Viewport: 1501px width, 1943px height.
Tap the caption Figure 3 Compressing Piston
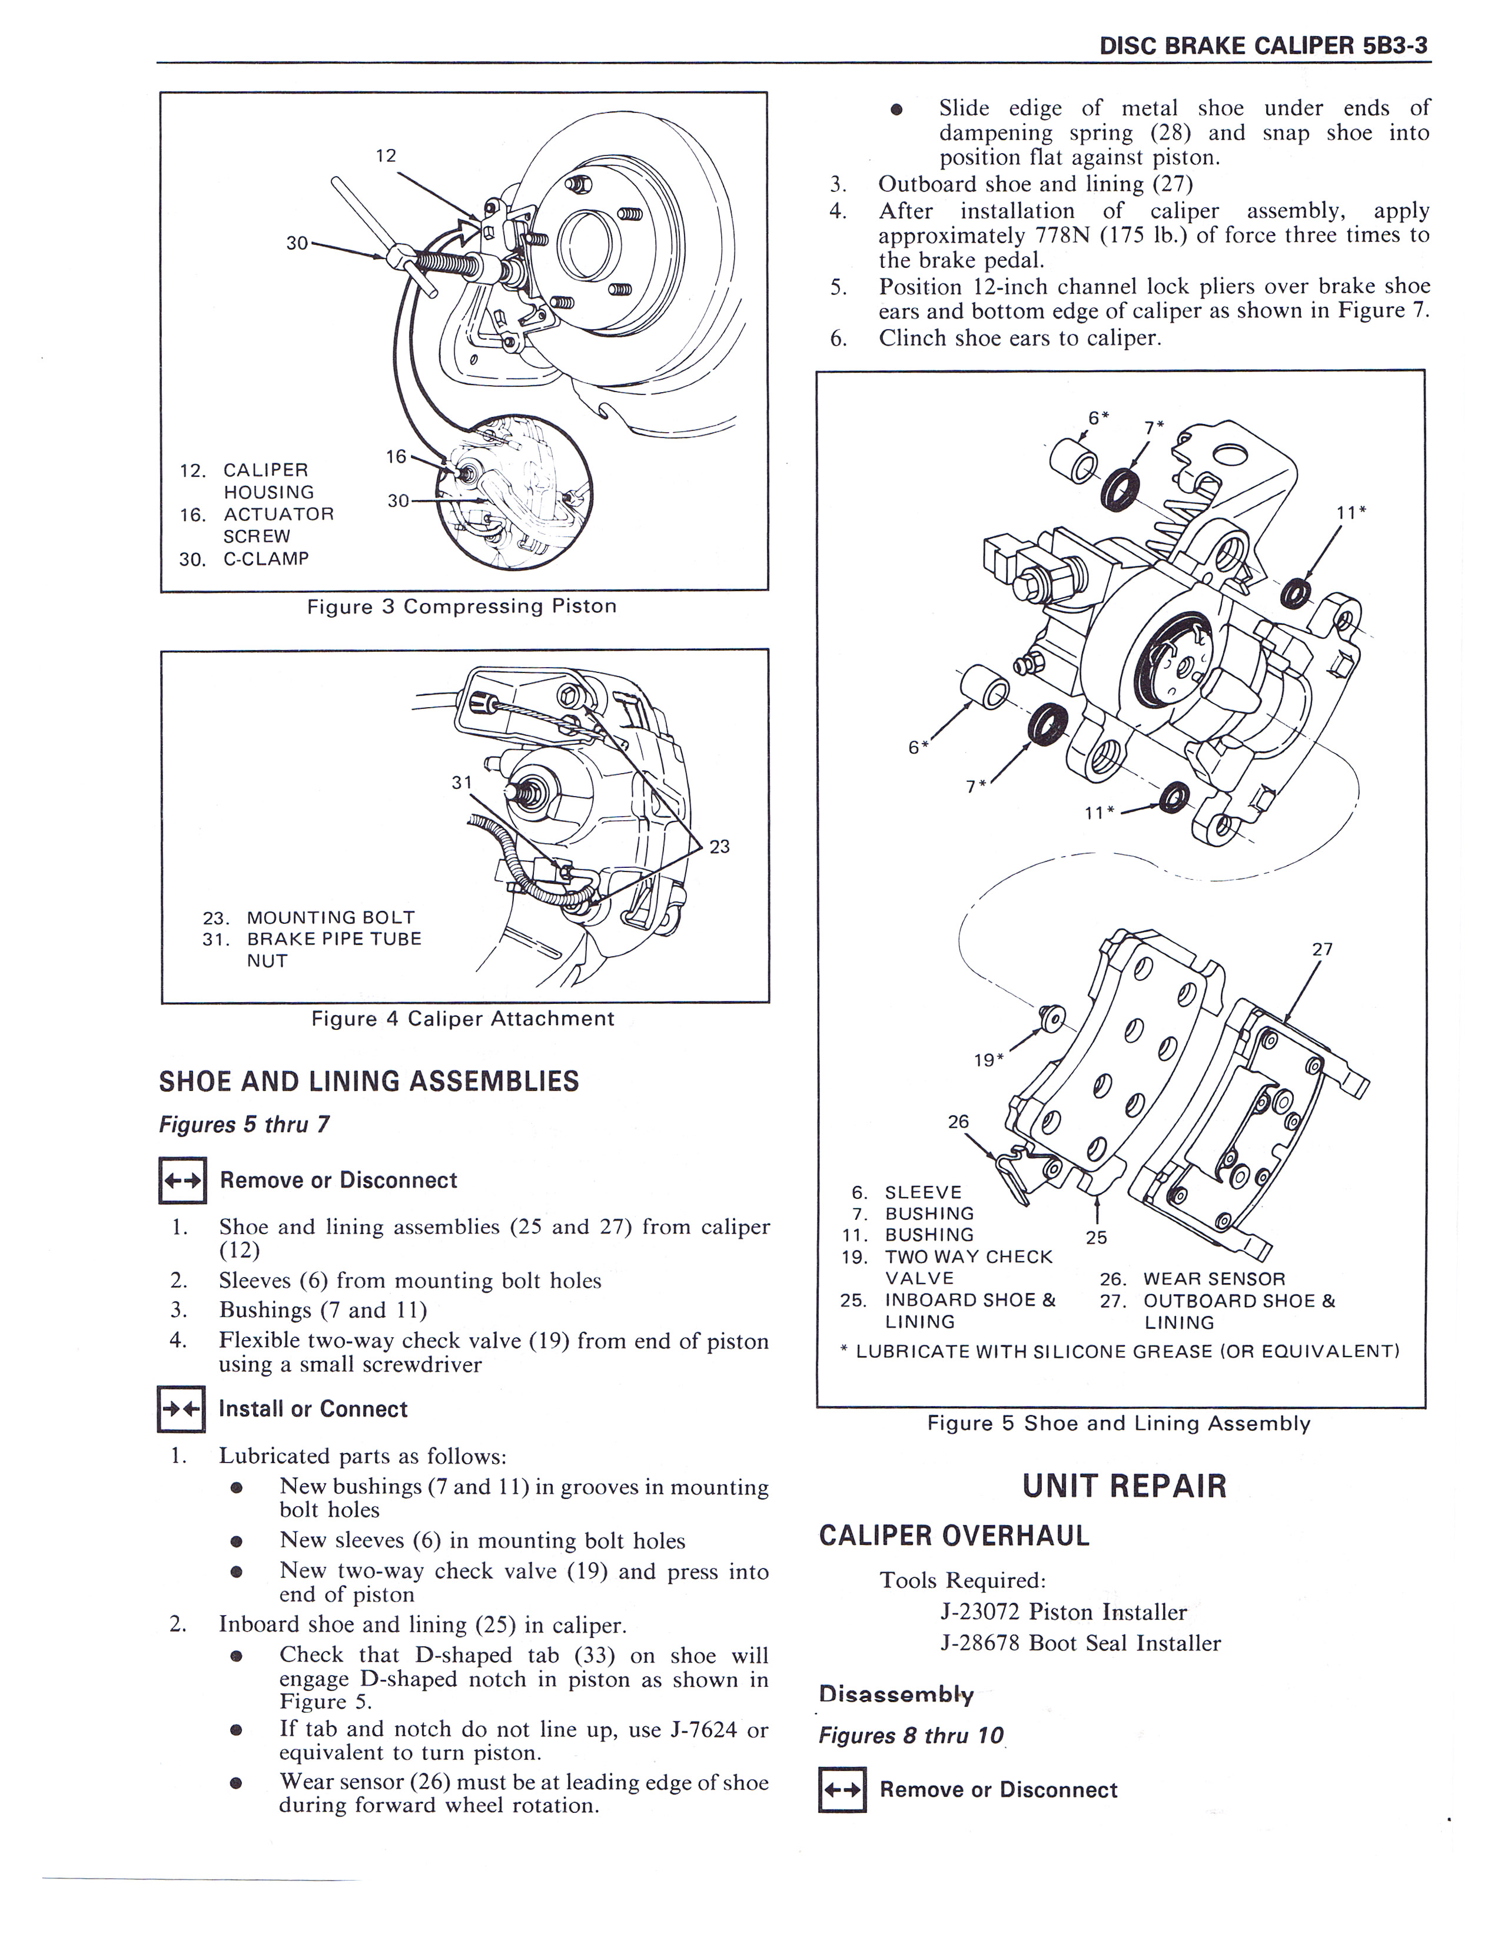pos(461,606)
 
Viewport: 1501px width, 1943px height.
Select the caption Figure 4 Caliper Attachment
pos(463,1019)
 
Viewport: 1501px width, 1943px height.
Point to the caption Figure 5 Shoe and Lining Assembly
pos(1118,1424)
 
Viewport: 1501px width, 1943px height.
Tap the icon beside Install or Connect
pos(181,1409)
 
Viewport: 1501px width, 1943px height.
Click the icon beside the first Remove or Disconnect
pos(181,1181)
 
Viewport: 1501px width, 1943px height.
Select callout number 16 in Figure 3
pos(396,456)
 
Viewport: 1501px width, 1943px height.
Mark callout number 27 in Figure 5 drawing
pos(1322,949)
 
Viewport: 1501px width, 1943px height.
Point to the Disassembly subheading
pos(896,1694)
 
